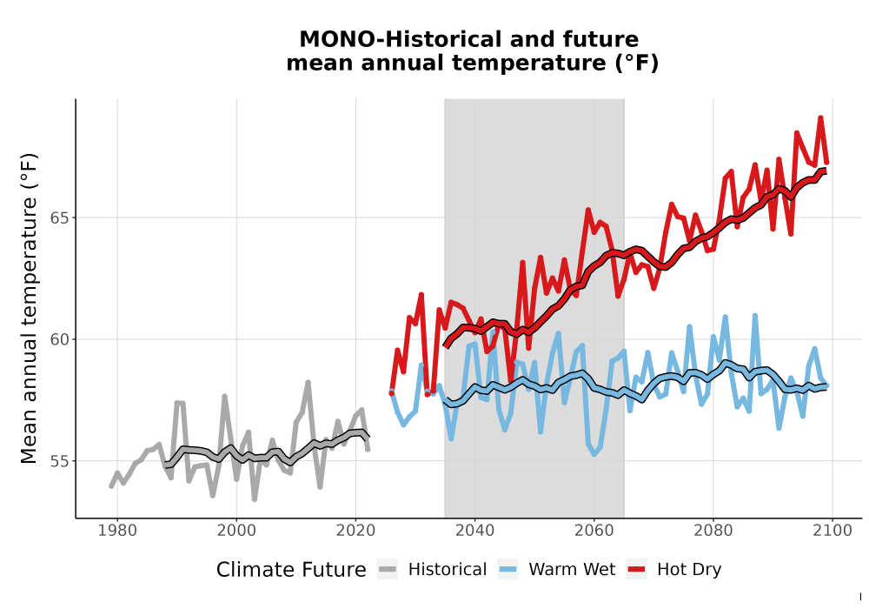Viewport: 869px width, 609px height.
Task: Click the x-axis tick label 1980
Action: (x=117, y=531)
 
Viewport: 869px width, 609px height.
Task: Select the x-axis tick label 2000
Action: (x=236, y=531)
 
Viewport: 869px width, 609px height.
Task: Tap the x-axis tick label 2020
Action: (x=355, y=531)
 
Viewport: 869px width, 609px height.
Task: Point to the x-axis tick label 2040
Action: (x=474, y=531)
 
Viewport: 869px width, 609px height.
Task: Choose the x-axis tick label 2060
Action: (x=594, y=531)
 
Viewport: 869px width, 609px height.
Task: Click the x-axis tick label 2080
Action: (x=713, y=531)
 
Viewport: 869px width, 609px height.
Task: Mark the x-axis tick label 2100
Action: (x=833, y=531)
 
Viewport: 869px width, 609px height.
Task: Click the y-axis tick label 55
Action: (x=60, y=461)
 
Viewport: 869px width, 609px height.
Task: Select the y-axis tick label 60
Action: (x=60, y=339)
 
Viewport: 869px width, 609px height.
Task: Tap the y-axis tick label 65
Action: (x=60, y=218)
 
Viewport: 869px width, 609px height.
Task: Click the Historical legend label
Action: (x=448, y=570)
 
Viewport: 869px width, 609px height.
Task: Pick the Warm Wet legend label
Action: (x=572, y=570)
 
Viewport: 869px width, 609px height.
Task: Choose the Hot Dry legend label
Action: (x=689, y=570)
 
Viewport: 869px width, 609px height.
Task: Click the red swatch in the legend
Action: (x=637, y=570)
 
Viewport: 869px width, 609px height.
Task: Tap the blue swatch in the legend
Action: (x=507, y=570)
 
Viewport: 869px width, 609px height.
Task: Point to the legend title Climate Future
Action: (x=291, y=570)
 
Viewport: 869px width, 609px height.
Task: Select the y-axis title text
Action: (x=29, y=308)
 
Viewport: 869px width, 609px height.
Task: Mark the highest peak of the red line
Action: (x=821, y=117)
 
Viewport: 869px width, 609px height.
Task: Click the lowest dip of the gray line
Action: (x=255, y=499)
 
